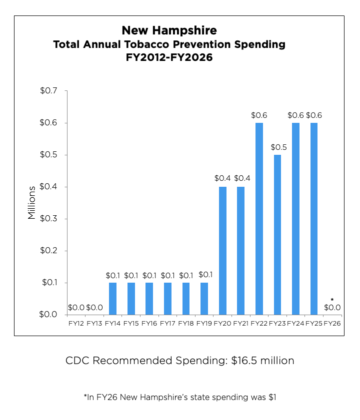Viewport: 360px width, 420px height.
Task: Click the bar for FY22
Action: (259, 219)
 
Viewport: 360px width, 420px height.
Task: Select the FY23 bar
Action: (277, 235)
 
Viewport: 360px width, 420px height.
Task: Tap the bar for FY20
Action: (222, 251)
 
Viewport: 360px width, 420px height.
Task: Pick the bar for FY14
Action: (113, 299)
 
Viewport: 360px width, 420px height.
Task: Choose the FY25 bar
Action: (314, 219)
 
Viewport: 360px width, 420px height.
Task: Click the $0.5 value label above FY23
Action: (277, 147)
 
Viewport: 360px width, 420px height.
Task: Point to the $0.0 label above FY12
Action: (76, 308)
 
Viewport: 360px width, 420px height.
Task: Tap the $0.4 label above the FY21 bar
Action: (241, 178)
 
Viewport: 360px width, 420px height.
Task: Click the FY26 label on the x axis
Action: (332, 324)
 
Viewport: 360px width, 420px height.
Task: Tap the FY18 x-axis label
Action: (186, 324)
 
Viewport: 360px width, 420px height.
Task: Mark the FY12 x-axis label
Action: (76, 324)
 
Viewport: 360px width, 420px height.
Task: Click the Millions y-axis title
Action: (32, 202)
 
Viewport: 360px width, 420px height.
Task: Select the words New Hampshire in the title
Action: (169, 30)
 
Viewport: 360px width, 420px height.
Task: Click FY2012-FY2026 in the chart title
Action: (169, 57)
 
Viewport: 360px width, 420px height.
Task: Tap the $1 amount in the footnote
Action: (272, 398)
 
